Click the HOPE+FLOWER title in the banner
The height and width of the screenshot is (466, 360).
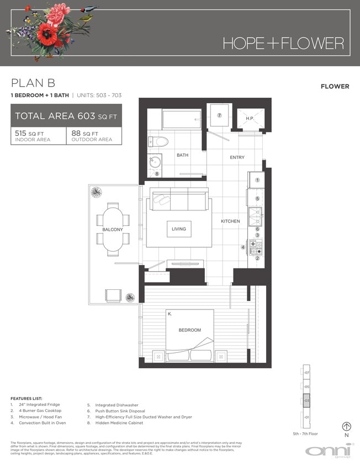[x=283, y=43]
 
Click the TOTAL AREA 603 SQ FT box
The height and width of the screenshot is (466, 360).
[x=66, y=116]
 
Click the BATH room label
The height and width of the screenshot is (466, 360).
[x=182, y=155]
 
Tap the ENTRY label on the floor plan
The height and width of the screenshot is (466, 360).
[x=237, y=158]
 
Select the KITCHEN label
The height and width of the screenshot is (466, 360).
[x=230, y=221]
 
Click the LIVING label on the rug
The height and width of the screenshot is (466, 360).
[x=179, y=229]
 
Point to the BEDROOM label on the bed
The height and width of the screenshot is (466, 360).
[x=189, y=330]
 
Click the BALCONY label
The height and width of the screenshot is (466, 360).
[x=113, y=230]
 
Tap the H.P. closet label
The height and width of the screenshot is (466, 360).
[x=250, y=118]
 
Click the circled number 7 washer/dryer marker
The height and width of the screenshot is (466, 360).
[x=219, y=115]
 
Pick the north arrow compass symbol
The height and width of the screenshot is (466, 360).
[x=347, y=426]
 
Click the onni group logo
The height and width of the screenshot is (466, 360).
[x=330, y=450]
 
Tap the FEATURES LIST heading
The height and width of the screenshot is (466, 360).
[x=26, y=398]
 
